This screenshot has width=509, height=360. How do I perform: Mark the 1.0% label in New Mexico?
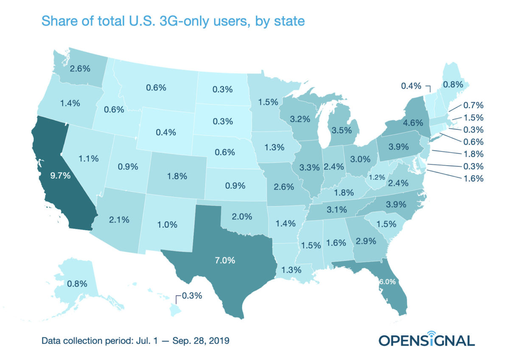[x=167, y=225]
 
